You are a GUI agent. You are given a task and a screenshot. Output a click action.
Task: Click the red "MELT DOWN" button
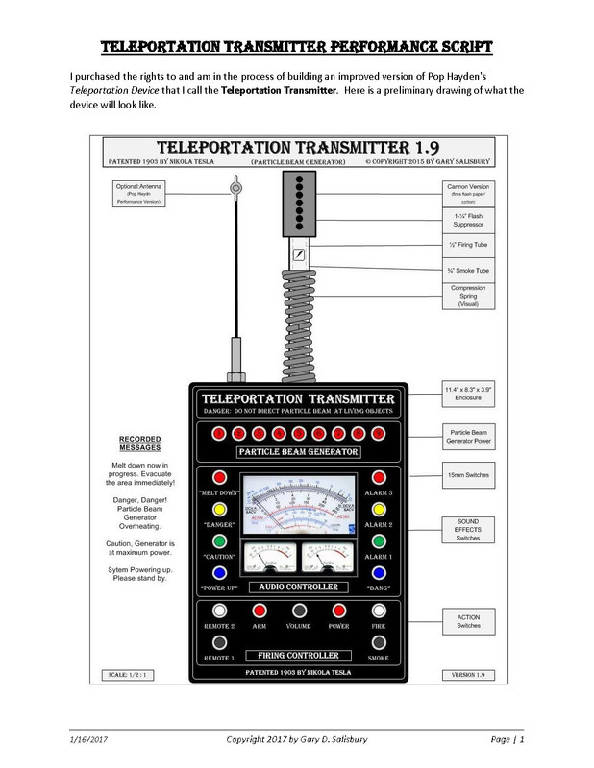[219, 477]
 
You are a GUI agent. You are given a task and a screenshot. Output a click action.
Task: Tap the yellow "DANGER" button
[219, 509]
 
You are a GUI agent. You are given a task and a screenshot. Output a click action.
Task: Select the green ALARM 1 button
[379, 541]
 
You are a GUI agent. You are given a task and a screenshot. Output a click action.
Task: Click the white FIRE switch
[379, 611]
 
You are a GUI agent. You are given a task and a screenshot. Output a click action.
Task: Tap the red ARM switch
[260, 611]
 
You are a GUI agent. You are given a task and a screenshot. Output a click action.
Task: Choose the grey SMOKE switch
[379, 642]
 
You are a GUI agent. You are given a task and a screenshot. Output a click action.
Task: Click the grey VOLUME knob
[299, 611]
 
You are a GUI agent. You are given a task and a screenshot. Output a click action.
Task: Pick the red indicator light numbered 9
[379, 433]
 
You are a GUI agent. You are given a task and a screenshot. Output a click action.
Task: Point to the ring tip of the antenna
[234, 188]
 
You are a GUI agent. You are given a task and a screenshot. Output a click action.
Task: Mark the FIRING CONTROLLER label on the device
[299, 656]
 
